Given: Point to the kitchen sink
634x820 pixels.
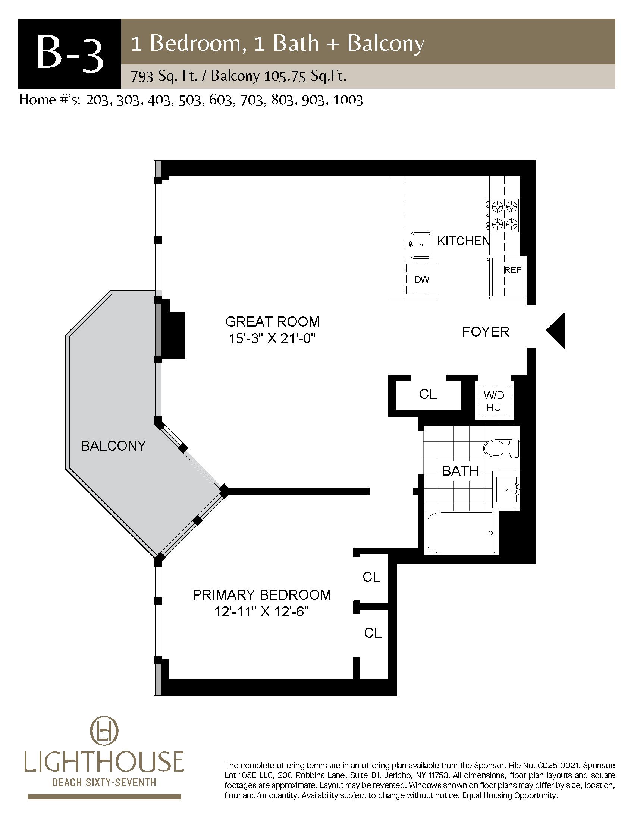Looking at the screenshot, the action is tap(421, 245).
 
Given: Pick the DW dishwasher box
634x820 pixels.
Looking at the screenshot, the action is tap(421, 279).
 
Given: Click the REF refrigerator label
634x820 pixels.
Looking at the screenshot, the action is tap(512, 270).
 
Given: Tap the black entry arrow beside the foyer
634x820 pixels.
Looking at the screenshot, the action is tap(556, 331).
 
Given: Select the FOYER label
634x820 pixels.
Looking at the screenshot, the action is tap(485, 332).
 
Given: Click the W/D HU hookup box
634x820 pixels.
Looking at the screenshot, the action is tap(494, 401).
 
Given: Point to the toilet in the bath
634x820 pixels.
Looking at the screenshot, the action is tap(501, 448).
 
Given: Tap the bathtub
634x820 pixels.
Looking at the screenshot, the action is tap(462, 533).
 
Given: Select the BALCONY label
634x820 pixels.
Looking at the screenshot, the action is tap(113, 446).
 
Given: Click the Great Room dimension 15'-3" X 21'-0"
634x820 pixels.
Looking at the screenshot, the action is tap(272, 339).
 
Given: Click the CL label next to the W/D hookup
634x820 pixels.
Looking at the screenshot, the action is tap(428, 394).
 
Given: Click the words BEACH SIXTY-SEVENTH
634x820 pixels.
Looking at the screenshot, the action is tap(104, 782).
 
